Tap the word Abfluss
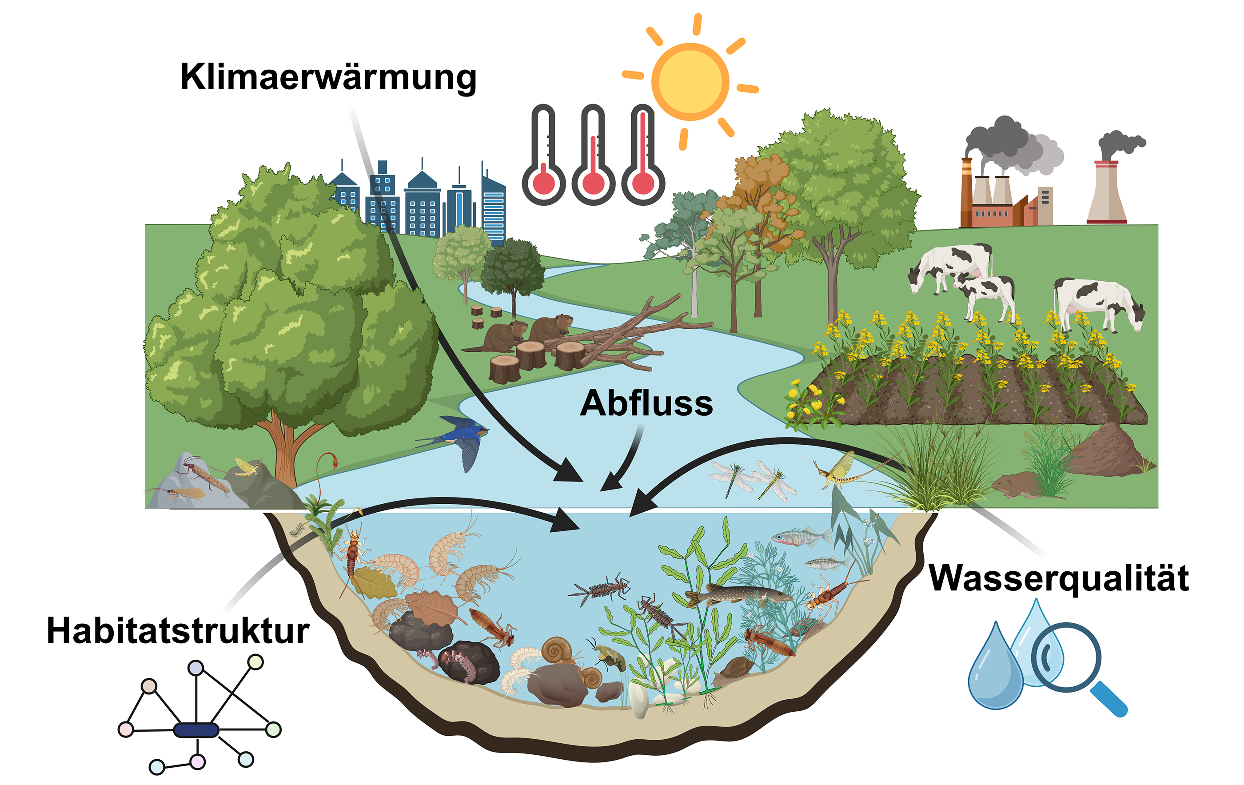click(647, 403)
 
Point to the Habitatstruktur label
click(178, 631)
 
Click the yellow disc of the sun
click(690, 82)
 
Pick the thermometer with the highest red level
click(643, 155)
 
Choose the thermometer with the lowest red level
click(543, 155)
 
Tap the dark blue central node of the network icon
click(196, 730)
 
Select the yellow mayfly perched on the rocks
click(248, 467)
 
